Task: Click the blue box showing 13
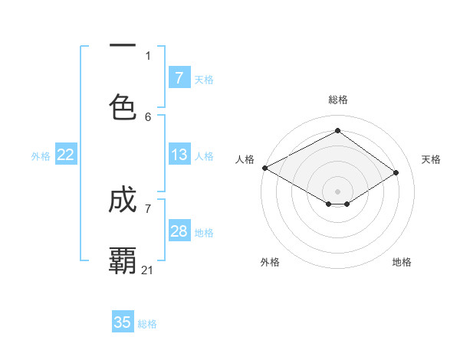pos(179,155)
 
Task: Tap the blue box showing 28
pos(179,231)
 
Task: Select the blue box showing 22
pos(66,155)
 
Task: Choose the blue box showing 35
pos(123,322)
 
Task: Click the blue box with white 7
pos(179,78)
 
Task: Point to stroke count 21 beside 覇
pos(148,270)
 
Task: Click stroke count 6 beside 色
pos(148,116)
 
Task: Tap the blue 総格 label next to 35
pos(147,324)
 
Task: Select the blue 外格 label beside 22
pos(41,156)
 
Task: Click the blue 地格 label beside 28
pos(204,233)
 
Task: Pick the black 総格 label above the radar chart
pos(337,100)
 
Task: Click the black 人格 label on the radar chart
pos(245,159)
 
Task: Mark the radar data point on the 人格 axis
pos(264,168)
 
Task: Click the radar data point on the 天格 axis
pos(396,172)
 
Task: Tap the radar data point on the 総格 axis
pos(337,131)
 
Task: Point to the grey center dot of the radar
pos(337,191)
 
